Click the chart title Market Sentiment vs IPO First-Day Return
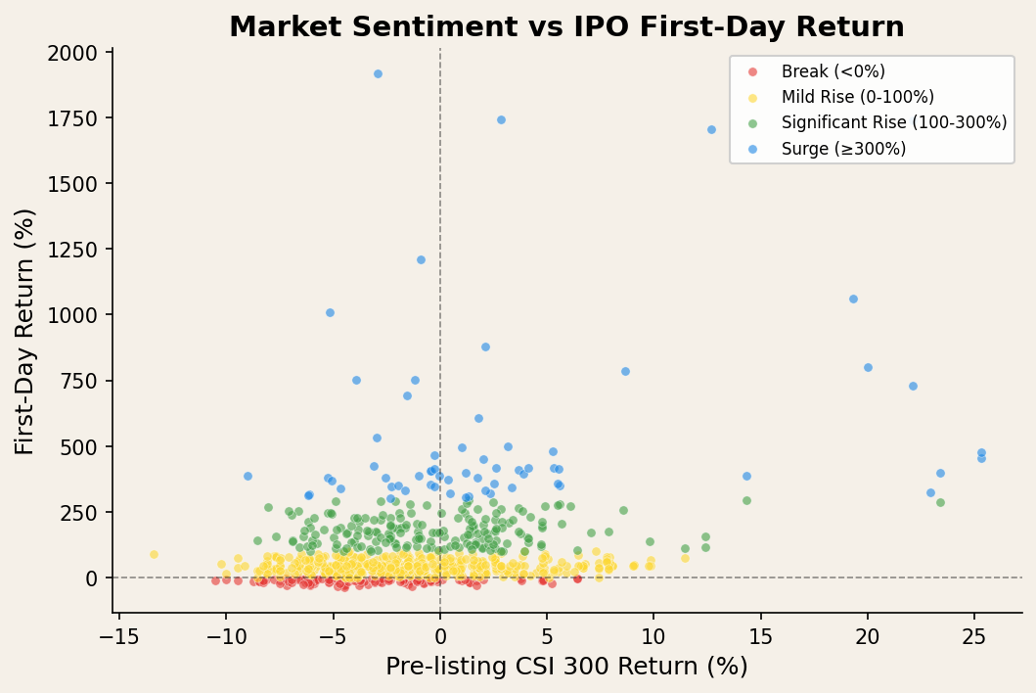(566, 26)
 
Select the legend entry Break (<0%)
(833, 71)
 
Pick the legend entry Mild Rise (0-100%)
(857, 97)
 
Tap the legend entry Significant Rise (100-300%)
(893, 122)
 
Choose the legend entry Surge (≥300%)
(843, 149)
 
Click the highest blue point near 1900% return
(378, 73)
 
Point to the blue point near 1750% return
(501, 119)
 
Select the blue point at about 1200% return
(421, 259)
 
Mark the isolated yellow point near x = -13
(154, 554)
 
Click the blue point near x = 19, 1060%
(853, 299)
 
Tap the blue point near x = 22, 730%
(913, 386)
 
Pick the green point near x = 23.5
(940, 502)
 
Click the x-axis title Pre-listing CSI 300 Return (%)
(566, 667)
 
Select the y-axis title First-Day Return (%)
(24, 331)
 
